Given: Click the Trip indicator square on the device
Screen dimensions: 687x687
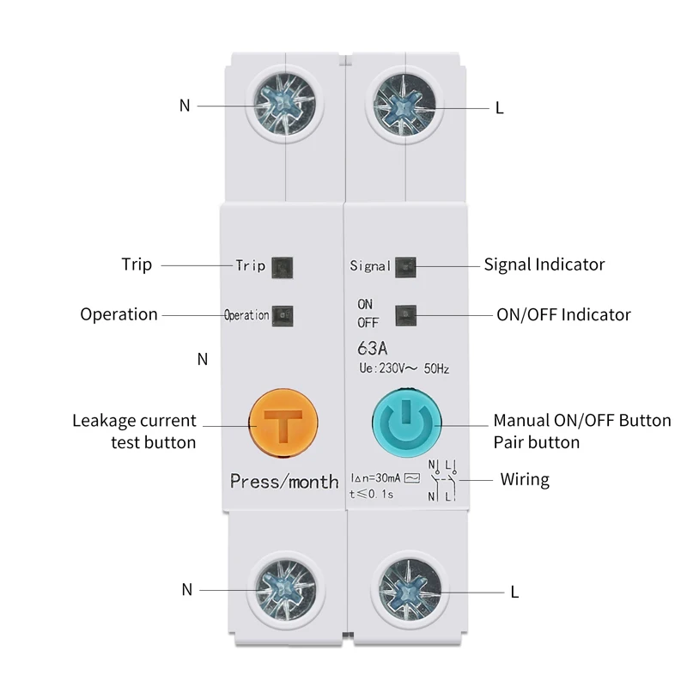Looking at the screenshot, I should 282,265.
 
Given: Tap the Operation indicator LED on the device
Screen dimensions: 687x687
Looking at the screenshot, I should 282,314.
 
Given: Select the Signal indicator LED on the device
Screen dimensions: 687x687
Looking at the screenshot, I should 404,265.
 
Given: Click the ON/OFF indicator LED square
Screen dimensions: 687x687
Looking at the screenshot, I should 404,314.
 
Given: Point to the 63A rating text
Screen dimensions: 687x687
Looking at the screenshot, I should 371,350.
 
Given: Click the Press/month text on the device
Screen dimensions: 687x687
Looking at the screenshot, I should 284,481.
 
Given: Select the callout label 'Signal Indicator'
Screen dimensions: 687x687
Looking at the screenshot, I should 544,264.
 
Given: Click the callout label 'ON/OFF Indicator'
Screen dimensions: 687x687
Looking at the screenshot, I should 563,314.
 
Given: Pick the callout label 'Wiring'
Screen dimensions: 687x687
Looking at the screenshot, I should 525,479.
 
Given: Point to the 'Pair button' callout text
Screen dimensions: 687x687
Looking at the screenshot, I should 536,443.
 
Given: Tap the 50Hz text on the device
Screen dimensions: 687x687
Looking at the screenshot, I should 434,369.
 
